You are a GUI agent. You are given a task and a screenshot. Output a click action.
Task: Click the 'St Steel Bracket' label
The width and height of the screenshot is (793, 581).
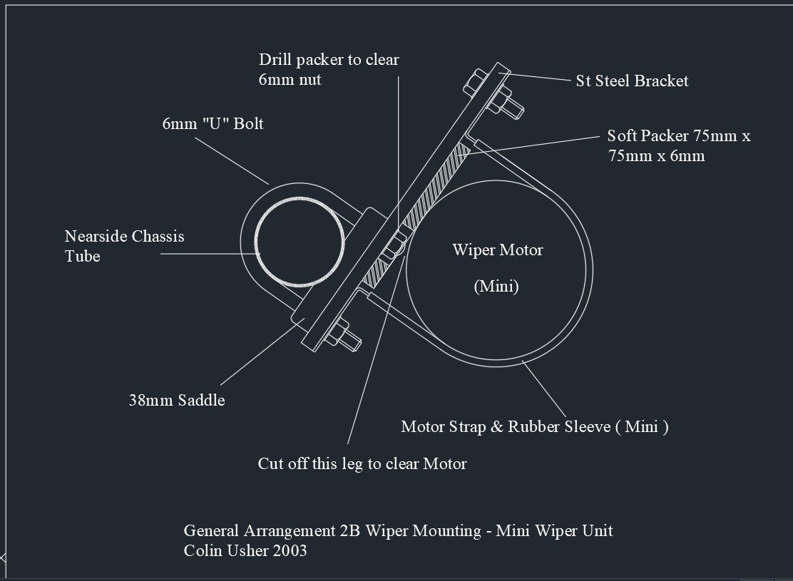point(632,81)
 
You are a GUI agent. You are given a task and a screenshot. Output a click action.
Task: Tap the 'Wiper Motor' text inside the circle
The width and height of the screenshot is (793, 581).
point(498,250)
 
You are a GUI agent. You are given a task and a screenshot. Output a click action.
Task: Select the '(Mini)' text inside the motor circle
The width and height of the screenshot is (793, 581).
point(496,286)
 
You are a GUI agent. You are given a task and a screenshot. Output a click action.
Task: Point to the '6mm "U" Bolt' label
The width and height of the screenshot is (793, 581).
point(213,123)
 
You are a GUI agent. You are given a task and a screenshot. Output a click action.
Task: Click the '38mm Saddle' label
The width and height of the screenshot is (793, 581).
point(177,400)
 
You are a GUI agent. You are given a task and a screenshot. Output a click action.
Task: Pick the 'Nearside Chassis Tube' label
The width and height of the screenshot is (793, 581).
point(124,246)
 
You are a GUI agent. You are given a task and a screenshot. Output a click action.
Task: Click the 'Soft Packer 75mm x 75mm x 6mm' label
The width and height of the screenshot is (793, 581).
point(679,145)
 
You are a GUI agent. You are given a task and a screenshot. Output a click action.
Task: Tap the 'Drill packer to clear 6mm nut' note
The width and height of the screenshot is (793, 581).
point(329,69)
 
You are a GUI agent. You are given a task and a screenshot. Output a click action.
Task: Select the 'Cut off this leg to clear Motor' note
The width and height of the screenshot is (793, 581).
point(362,463)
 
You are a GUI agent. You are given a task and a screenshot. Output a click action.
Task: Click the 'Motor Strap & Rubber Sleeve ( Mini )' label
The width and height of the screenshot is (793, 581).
point(535,427)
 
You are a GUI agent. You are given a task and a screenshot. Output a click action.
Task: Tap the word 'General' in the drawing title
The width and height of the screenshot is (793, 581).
point(211,530)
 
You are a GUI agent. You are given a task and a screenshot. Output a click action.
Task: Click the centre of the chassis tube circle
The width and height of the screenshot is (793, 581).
point(300,242)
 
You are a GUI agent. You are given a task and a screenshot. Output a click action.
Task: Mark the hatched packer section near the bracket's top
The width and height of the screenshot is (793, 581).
point(438,185)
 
